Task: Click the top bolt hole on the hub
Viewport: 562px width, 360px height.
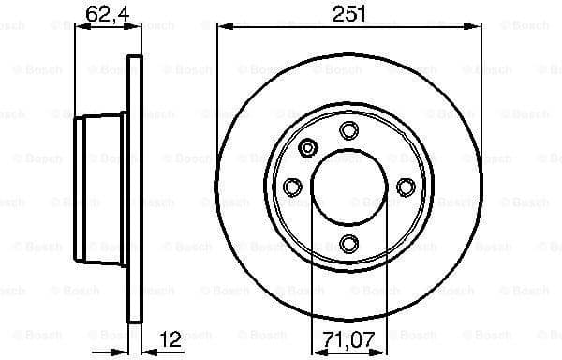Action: tap(348, 129)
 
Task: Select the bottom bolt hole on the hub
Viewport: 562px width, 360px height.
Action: tap(348, 245)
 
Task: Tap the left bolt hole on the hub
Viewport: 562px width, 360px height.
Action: tap(291, 187)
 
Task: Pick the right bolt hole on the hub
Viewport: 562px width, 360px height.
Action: tap(406, 187)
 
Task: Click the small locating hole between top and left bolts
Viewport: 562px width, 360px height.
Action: tap(308, 147)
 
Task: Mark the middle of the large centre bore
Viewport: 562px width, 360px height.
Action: tap(348, 187)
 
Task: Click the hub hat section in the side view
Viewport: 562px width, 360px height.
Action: tap(101, 187)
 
